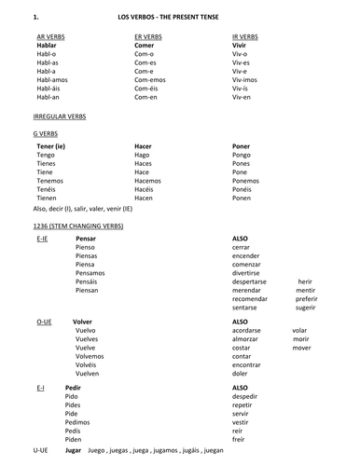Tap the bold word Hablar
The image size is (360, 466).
click(46, 44)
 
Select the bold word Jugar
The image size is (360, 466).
click(75, 449)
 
